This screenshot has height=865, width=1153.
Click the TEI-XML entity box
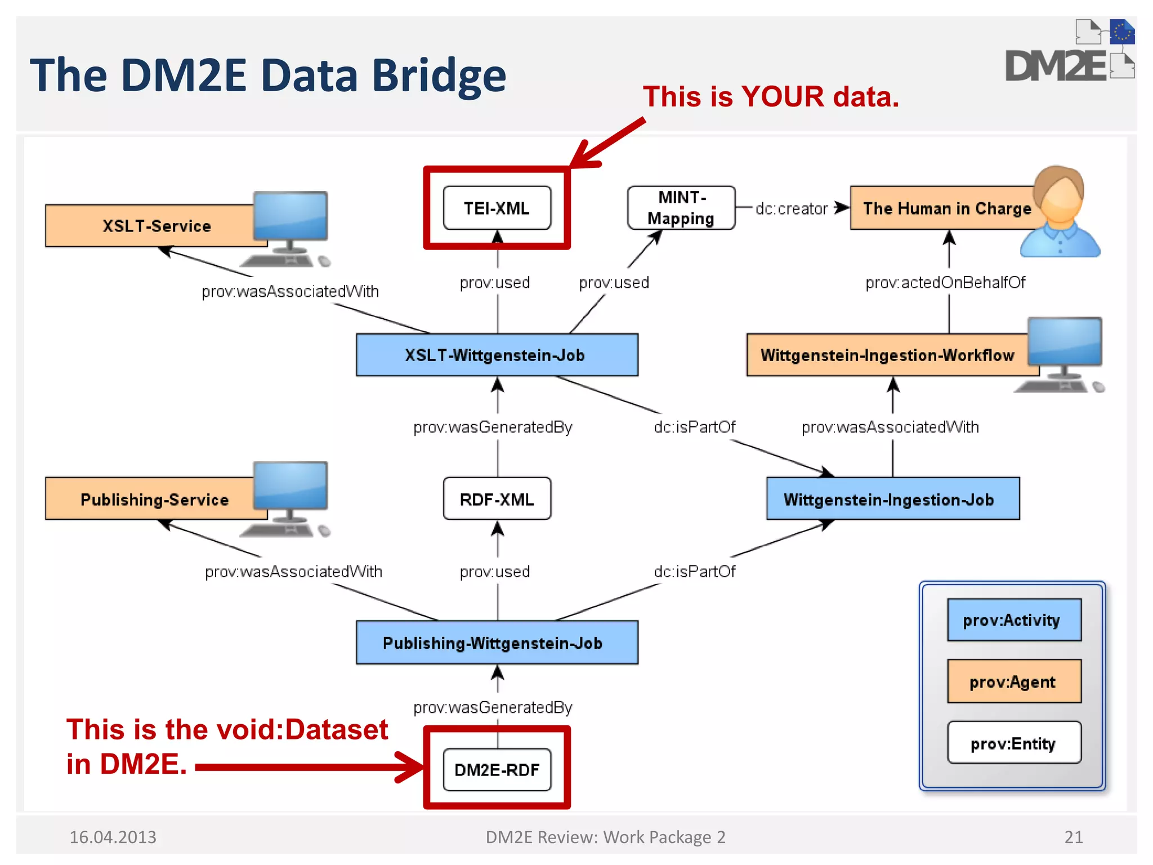(x=497, y=208)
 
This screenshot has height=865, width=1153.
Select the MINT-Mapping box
(x=681, y=208)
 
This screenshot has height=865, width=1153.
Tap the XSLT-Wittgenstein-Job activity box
(x=497, y=355)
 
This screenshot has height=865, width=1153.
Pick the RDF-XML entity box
(x=497, y=499)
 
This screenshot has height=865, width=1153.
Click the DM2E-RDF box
(x=497, y=769)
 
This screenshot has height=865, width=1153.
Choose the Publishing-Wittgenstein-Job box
(x=497, y=643)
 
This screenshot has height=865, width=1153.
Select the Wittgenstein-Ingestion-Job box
(x=892, y=499)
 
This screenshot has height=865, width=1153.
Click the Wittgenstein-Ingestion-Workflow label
(x=887, y=355)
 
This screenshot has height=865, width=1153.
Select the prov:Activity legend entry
(x=1013, y=620)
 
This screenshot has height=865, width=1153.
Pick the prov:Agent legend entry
(x=1013, y=681)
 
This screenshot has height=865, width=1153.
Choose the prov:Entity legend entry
(x=1013, y=743)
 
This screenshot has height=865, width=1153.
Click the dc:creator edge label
(x=791, y=208)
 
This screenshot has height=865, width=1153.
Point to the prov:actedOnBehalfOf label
(x=945, y=282)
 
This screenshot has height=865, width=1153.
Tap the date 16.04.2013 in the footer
(x=113, y=837)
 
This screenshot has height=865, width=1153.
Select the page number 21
(x=1073, y=837)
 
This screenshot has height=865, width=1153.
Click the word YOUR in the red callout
(x=783, y=96)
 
